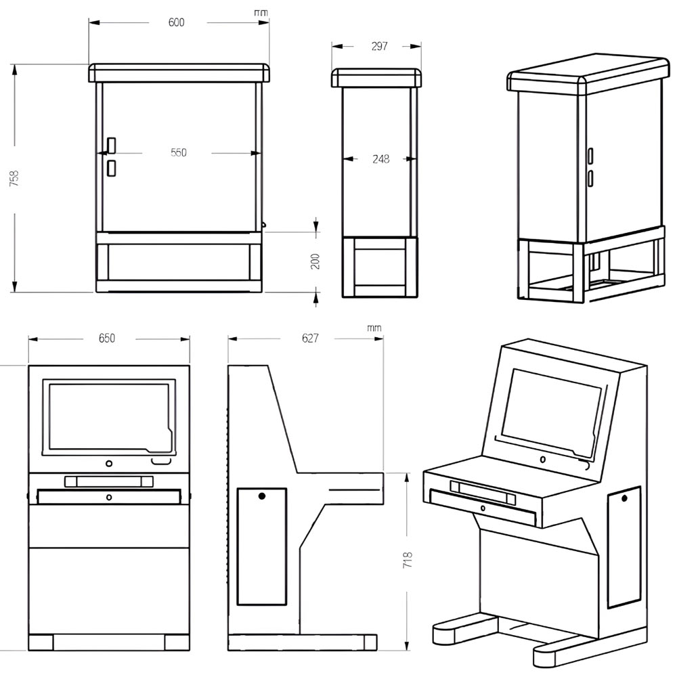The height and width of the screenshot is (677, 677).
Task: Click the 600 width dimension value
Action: coord(176,22)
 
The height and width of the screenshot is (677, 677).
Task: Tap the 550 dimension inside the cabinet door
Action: coord(178,153)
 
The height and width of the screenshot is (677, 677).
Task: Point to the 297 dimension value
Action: coord(380,46)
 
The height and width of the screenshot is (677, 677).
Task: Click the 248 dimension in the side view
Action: coord(381,160)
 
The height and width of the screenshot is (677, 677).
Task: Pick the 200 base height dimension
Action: coord(315,261)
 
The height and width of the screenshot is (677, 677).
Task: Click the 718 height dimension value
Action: coord(408,559)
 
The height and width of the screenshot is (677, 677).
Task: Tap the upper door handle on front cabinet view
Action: coord(111,145)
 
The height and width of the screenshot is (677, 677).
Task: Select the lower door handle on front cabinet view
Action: coord(111,168)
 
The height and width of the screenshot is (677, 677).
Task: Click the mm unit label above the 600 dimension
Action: coord(260,13)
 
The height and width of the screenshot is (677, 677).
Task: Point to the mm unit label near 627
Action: coord(374,328)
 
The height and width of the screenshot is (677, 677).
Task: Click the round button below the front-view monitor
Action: coord(109,464)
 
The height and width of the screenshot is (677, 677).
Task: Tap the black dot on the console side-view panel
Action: coord(262,496)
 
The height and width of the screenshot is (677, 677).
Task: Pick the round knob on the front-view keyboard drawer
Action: coord(109,497)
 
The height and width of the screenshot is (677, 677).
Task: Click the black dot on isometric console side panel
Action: coord(624,499)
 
